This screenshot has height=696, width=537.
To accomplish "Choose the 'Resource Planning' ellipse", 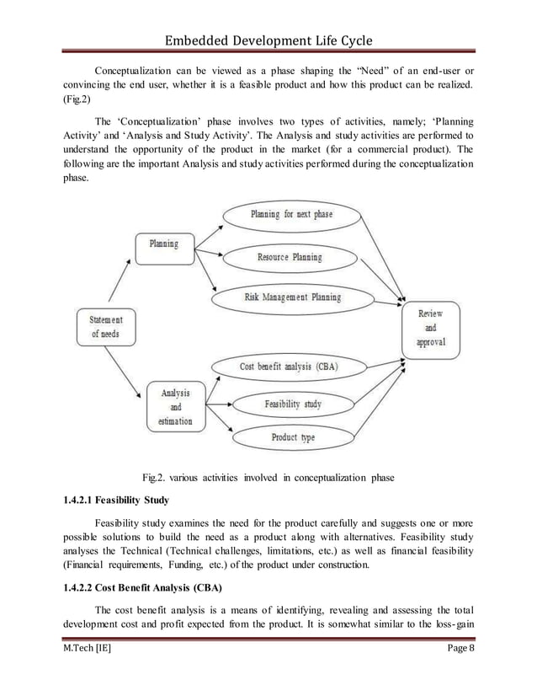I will [x=290, y=257].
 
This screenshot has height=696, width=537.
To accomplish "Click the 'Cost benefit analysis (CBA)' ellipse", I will [x=289, y=367].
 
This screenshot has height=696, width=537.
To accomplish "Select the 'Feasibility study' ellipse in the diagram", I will [x=293, y=404].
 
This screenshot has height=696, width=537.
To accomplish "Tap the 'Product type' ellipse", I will [x=293, y=438].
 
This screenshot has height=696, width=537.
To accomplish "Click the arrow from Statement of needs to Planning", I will [x=119, y=283].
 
